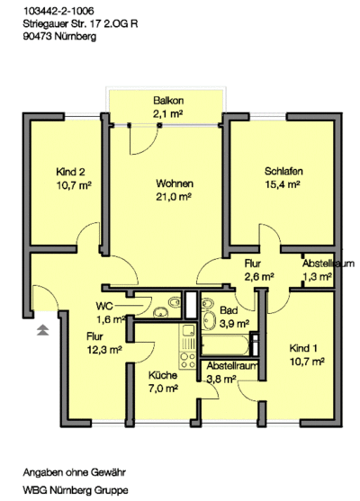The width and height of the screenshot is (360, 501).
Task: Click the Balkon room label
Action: tap(168, 101)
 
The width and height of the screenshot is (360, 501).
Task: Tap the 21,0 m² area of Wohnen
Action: tap(174, 197)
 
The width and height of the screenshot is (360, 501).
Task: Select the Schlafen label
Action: tap(283, 171)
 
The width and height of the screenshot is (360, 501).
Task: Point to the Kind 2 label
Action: tap(71, 172)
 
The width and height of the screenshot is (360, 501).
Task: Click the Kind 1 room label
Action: tap(303, 348)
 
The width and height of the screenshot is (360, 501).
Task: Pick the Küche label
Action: tap(163, 375)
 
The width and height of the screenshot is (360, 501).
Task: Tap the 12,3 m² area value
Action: tap(104, 350)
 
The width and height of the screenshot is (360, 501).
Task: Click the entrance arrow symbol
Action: tap(42, 330)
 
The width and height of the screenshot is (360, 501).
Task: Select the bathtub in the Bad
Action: tap(225, 344)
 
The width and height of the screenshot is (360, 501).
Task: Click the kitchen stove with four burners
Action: tap(187, 360)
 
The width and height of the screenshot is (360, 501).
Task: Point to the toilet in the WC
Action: tap(175, 302)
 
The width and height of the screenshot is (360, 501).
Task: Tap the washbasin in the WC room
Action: tap(160, 312)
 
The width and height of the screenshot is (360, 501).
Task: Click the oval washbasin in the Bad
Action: tap(210, 320)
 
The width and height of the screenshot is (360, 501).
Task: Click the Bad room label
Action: tap(229, 310)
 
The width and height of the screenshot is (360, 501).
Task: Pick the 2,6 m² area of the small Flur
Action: tap(259, 277)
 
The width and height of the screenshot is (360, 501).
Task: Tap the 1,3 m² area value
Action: tap(317, 277)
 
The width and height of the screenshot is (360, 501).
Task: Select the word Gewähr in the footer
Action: tap(108, 472)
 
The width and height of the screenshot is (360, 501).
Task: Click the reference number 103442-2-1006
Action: tap(58, 11)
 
